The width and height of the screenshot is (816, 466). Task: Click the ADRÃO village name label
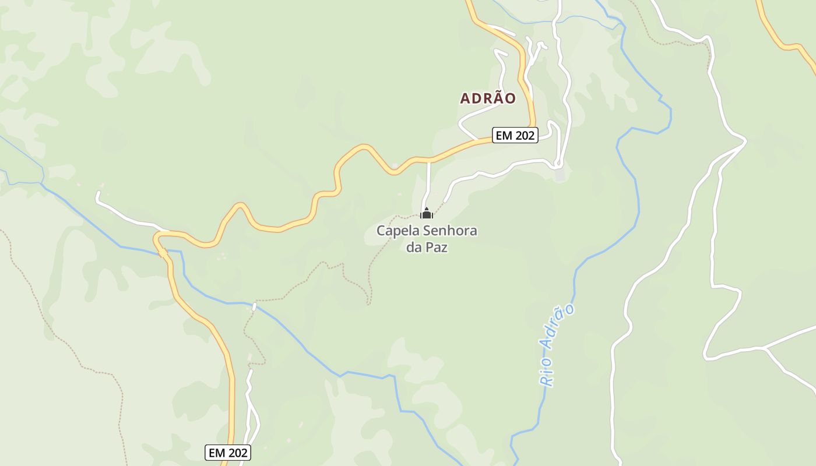tap(488, 98)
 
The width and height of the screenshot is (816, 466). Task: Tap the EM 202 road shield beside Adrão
tap(515, 136)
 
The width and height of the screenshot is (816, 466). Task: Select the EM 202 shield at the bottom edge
tap(228, 453)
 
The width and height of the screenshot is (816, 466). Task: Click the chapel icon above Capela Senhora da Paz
tap(427, 214)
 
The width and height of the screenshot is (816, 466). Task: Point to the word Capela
tap(395, 231)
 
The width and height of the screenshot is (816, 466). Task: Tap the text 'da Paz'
tap(427, 248)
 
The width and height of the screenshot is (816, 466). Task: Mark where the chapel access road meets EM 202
tap(429, 159)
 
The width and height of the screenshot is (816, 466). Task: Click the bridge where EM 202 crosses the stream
tap(163, 252)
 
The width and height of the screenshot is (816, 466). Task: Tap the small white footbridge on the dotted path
tap(254, 306)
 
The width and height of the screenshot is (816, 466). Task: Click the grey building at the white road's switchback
tap(560, 174)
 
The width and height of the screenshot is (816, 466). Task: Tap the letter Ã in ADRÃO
tap(494, 98)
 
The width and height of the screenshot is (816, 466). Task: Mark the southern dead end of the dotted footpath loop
tap(368, 303)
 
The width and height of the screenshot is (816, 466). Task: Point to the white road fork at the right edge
tap(764, 348)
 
